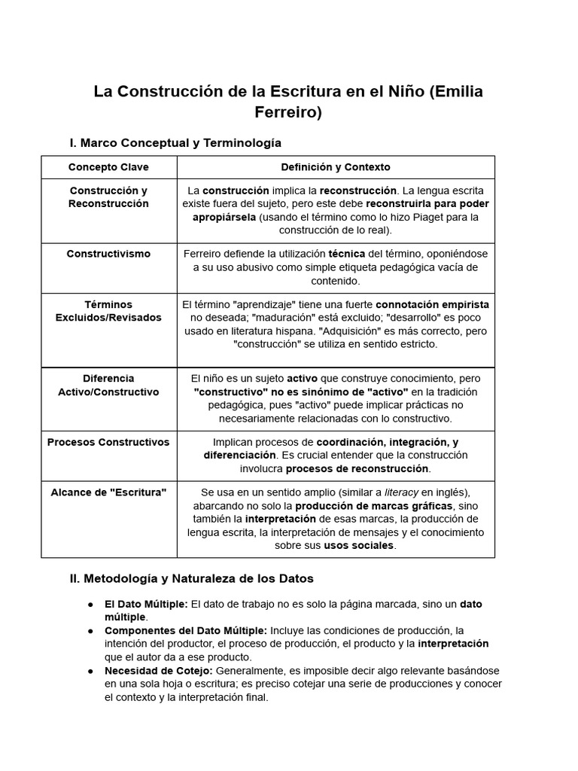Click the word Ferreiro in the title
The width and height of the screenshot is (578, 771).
(x=288, y=113)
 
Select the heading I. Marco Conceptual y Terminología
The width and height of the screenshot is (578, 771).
(x=175, y=142)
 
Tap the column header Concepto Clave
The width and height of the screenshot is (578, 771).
(x=108, y=167)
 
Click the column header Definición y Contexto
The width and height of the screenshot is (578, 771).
(x=336, y=167)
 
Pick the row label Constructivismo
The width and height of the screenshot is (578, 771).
(x=108, y=254)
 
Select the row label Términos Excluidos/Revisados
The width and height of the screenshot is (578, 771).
(x=108, y=311)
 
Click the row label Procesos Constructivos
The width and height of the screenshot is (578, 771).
(x=108, y=442)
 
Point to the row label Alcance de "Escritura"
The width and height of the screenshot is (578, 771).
(x=108, y=492)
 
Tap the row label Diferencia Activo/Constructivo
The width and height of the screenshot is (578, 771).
(x=108, y=385)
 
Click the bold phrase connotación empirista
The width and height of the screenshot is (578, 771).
(x=432, y=304)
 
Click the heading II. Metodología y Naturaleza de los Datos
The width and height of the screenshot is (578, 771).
(x=191, y=579)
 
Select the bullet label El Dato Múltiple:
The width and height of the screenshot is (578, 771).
(x=146, y=604)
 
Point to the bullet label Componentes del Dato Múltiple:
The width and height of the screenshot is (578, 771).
(x=185, y=630)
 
